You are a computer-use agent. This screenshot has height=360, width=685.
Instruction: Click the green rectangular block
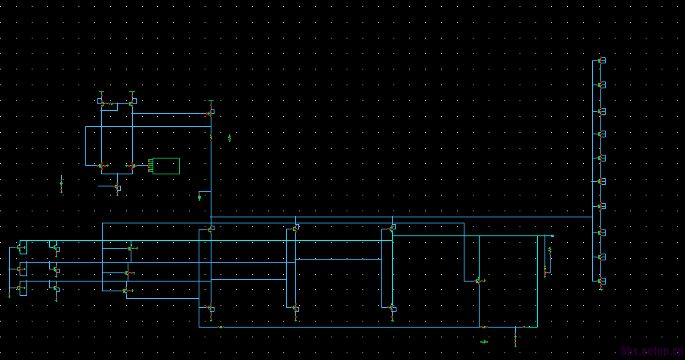166,165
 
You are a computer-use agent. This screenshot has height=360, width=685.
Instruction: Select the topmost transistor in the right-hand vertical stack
600,60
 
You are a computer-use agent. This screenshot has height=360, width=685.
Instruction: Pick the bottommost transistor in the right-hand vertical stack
600,281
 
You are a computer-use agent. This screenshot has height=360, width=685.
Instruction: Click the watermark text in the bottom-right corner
652,351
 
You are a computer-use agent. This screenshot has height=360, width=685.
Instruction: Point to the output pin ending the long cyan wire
552,235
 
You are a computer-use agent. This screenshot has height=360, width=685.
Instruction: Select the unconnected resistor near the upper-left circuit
230,138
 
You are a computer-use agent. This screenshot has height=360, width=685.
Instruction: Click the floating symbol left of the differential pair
61,183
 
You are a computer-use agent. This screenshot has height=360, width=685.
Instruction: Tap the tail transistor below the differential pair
117,186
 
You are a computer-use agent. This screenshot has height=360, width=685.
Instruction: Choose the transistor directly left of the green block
131,165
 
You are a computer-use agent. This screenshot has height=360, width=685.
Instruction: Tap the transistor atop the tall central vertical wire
211,112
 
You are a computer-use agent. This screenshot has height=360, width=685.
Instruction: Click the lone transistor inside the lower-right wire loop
478,281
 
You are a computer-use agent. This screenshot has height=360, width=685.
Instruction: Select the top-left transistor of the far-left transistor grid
21,248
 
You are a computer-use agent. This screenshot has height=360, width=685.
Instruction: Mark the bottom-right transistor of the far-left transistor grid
55,288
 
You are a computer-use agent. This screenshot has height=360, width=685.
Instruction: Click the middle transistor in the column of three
129,272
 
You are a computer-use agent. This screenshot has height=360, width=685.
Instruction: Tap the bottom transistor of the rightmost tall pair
392,308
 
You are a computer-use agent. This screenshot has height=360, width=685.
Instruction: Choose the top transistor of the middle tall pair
295,227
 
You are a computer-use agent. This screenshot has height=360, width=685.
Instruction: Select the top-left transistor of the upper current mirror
101,102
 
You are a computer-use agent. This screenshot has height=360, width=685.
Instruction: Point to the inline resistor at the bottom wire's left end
221,327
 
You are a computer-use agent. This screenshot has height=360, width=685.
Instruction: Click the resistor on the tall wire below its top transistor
211,137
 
